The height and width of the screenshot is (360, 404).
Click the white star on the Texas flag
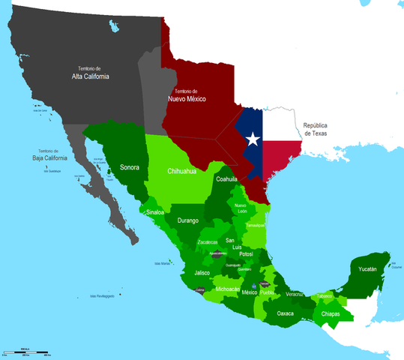pyautogui.click(x=253, y=139)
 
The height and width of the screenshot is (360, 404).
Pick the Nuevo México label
pyautogui.click(x=187, y=98)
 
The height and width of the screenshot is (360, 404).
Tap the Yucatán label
pyautogui.click(x=367, y=269)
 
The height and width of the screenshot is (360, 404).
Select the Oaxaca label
pyautogui.click(x=285, y=313)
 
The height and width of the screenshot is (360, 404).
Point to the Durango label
pyautogui.click(x=187, y=220)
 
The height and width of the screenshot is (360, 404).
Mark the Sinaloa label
pyautogui.click(x=154, y=212)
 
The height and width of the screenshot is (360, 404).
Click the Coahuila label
pyautogui.click(x=226, y=179)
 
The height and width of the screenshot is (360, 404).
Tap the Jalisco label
pyautogui.click(x=202, y=273)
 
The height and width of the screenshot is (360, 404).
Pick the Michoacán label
pyautogui.click(x=227, y=289)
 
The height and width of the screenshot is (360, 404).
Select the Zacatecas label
pyautogui.click(x=208, y=242)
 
